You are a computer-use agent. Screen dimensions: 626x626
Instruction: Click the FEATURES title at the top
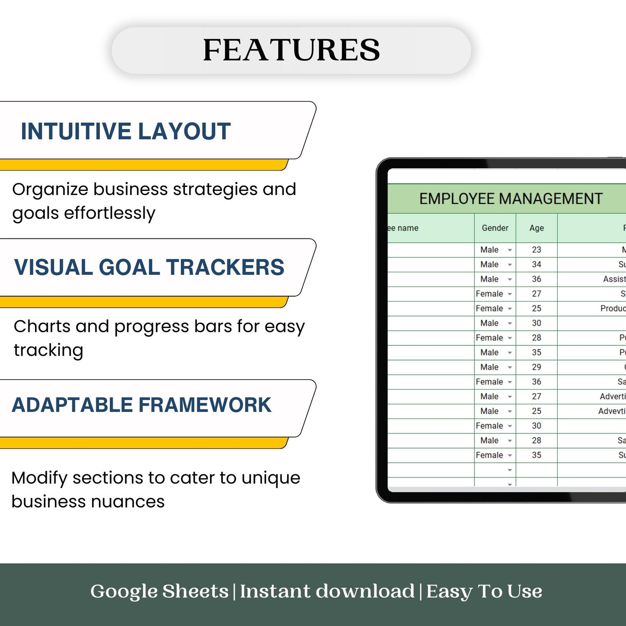(291, 50)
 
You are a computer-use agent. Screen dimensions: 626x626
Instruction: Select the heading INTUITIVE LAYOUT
(125, 131)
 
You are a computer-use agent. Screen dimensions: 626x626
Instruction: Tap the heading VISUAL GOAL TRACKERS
(149, 267)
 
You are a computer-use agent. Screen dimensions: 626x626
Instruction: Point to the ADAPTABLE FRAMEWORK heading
(142, 405)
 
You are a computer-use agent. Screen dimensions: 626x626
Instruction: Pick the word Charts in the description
(42, 326)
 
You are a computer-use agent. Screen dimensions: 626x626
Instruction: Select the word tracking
(48, 350)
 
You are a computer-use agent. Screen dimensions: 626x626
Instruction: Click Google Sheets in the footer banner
(159, 591)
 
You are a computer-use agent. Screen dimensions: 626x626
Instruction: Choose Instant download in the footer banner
(327, 591)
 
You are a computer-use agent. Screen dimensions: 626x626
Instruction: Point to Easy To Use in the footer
(484, 591)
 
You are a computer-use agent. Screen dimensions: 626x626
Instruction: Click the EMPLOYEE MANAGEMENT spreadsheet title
(511, 199)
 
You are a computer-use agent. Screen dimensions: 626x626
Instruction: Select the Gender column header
(495, 228)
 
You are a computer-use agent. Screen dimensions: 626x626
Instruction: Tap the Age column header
(537, 228)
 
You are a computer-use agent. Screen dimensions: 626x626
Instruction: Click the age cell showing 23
(537, 250)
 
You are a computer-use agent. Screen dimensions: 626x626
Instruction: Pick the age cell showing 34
(537, 265)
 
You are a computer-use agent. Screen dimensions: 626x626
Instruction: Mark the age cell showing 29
(537, 367)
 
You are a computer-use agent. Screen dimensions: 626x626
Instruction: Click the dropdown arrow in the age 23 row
(510, 250)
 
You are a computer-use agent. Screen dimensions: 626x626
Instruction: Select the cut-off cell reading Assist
(614, 279)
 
